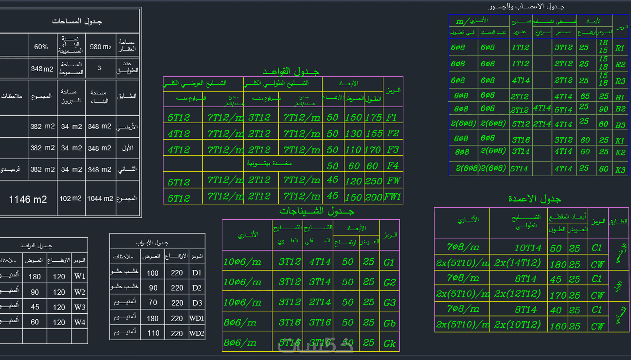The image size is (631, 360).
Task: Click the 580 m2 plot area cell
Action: pyautogui.click(x=100, y=47)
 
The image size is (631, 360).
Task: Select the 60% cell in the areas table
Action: pyautogui.click(x=41, y=47)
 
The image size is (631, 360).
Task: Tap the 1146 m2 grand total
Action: pyautogui.click(x=28, y=199)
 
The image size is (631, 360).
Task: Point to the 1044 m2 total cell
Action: pyautogui.click(x=100, y=199)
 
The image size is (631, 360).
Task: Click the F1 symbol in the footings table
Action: pyautogui.click(x=392, y=118)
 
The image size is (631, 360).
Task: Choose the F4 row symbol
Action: pyautogui.click(x=393, y=166)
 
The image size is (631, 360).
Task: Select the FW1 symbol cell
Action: pyautogui.click(x=393, y=197)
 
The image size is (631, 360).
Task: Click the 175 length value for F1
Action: pyautogui.click(x=373, y=118)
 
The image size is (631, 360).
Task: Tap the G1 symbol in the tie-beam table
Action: pyautogui.click(x=389, y=262)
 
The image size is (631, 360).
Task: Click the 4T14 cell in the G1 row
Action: pyautogui.click(x=320, y=262)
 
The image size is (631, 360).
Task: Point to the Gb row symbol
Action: pyautogui.click(x=389, y=323)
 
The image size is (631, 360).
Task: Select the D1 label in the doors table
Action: pyautogui.click(x=197, y=273)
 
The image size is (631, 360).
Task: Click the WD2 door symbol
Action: pyautogui.click(x=197, y=333)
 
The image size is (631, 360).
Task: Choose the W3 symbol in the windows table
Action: pyautogui.click(x=80, y=307)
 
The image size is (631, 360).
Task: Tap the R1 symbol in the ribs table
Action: pyautogui.click(x=619, y=48)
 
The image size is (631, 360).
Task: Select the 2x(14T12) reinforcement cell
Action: pyautogui.click(x=517, y=263)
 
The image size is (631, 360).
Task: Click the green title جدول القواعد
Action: pyautogui.click(x=291, y=71)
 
